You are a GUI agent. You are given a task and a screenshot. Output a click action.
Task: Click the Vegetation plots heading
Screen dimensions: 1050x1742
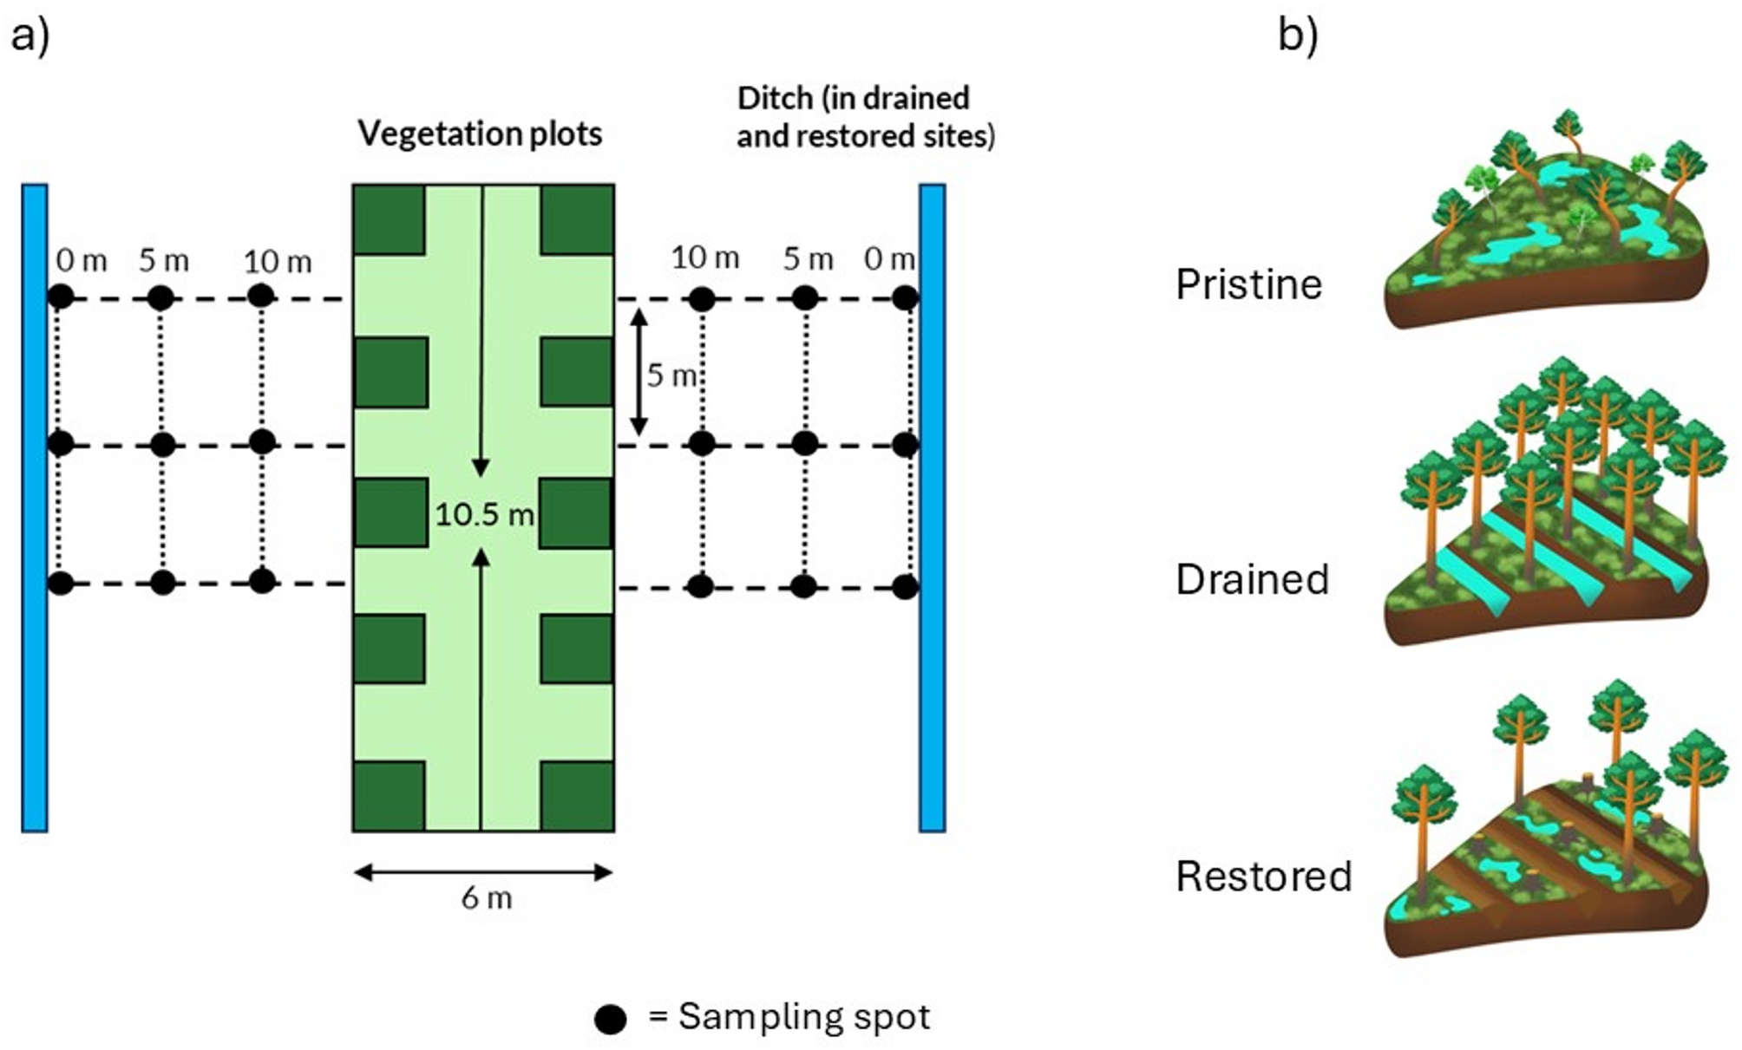[x=480, y=134]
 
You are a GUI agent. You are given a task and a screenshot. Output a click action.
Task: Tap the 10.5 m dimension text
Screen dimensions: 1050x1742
[x=483, y=514]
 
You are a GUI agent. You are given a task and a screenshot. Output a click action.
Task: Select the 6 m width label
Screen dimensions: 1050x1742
[x=486, y=898]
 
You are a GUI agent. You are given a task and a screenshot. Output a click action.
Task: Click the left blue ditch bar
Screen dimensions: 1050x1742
[x=35, y=507]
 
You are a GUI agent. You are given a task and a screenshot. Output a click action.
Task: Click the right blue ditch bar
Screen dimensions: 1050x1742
[x=932, y=507]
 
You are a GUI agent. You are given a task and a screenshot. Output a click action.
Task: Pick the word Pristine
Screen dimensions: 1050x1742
[x=1248, y=284]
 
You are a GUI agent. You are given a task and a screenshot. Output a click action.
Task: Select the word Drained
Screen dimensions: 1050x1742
[x=1251, y=579]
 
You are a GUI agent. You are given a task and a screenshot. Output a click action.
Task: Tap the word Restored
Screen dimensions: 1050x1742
[x=1263, y=876]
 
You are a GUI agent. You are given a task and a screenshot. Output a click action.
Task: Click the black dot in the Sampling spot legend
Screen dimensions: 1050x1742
[x=610, y=1019]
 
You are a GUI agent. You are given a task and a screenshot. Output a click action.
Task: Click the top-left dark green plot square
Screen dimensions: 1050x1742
[x=389, y=219]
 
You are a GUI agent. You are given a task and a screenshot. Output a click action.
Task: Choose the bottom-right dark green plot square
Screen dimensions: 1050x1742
[x=577, y=796]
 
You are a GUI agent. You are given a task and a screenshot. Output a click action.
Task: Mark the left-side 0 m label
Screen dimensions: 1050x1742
[x=81, y=260]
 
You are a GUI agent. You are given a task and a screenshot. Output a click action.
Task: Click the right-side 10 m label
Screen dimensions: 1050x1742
[x=704, y=258]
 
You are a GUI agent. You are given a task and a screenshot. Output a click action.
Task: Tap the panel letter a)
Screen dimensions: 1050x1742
[x=30, y=36]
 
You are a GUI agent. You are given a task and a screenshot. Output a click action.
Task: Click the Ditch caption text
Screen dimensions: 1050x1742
[x=864, y=117]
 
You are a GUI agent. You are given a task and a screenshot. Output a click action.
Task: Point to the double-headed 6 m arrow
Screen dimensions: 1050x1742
[x=483, y=872]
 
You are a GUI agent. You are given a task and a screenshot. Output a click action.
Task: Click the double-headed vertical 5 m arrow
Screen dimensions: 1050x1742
[x=639, y=372]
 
